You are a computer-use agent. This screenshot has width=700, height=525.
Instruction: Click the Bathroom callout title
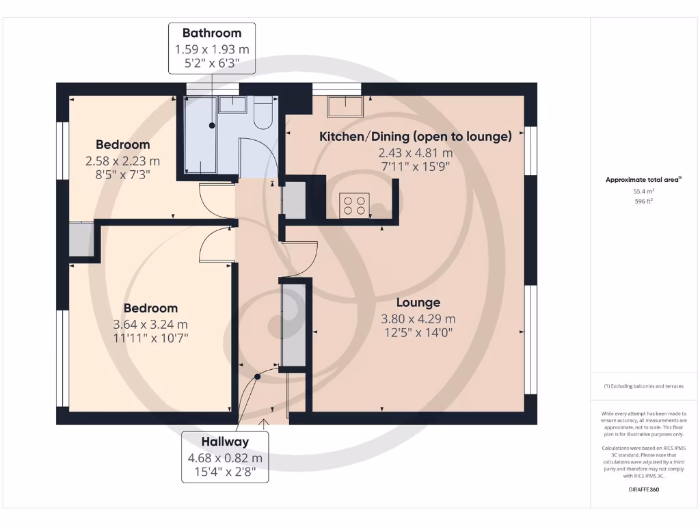tap(212, 33)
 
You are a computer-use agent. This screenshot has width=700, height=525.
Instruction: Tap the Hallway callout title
tap(225, 442)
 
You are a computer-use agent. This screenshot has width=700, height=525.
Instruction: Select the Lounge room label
tap(418, 302)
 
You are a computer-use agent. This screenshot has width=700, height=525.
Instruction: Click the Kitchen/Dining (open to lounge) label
tap(416, 137)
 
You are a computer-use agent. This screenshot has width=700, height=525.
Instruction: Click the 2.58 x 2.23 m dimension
tap(122, 161)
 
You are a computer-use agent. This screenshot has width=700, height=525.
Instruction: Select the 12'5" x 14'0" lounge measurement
tap(418, 333)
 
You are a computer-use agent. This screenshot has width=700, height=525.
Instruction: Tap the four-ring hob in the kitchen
tap(355, 204)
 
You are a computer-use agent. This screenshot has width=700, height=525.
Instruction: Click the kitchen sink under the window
tap(346, 106)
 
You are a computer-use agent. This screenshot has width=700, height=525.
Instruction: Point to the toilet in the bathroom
tap(263, 113)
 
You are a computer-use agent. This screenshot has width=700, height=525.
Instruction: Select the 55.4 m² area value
tap(643, 193)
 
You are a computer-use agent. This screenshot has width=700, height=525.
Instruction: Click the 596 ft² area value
tap(643, 202)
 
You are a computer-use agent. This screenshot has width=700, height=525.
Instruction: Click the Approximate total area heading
tap(642, 180)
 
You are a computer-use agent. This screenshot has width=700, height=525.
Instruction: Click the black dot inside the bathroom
tap(212, 126)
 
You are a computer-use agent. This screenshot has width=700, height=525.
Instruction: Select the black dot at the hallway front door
tap(258, 376)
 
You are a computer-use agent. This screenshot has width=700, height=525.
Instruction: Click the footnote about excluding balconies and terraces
tap(642, 386)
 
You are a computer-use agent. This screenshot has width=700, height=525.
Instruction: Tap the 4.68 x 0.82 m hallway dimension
tap(225, 458)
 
